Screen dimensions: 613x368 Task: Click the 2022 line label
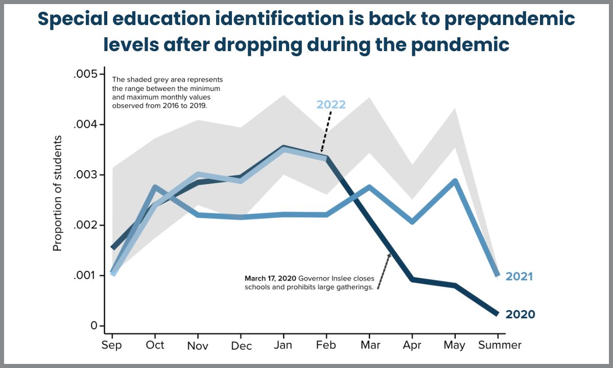pos(331,105)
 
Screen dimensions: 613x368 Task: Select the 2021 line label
pos(519,277)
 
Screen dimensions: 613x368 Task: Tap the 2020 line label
pos(520,314)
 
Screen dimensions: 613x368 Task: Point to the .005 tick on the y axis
pos(85,74)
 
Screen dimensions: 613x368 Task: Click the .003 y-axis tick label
pos(85,175)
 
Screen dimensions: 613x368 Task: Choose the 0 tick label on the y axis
pos(94,326)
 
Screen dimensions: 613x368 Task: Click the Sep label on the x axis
pos(112,345)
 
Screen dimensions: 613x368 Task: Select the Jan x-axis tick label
pos(283,344)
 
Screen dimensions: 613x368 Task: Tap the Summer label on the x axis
pos(500,344)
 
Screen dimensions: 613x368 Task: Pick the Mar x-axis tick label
pos(370,344)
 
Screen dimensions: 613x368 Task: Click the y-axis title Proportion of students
pos(57,193)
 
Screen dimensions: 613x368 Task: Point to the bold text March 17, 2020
pos(270,279)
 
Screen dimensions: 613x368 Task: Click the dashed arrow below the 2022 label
pos(326,131)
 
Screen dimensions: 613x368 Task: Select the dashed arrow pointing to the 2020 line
pos(384,271)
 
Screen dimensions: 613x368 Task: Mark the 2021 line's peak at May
pos(455,181)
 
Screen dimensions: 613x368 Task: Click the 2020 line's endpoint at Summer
pos(497,313)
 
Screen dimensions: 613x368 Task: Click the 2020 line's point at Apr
pos(412,280)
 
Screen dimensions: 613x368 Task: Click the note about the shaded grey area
pos(168,93)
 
